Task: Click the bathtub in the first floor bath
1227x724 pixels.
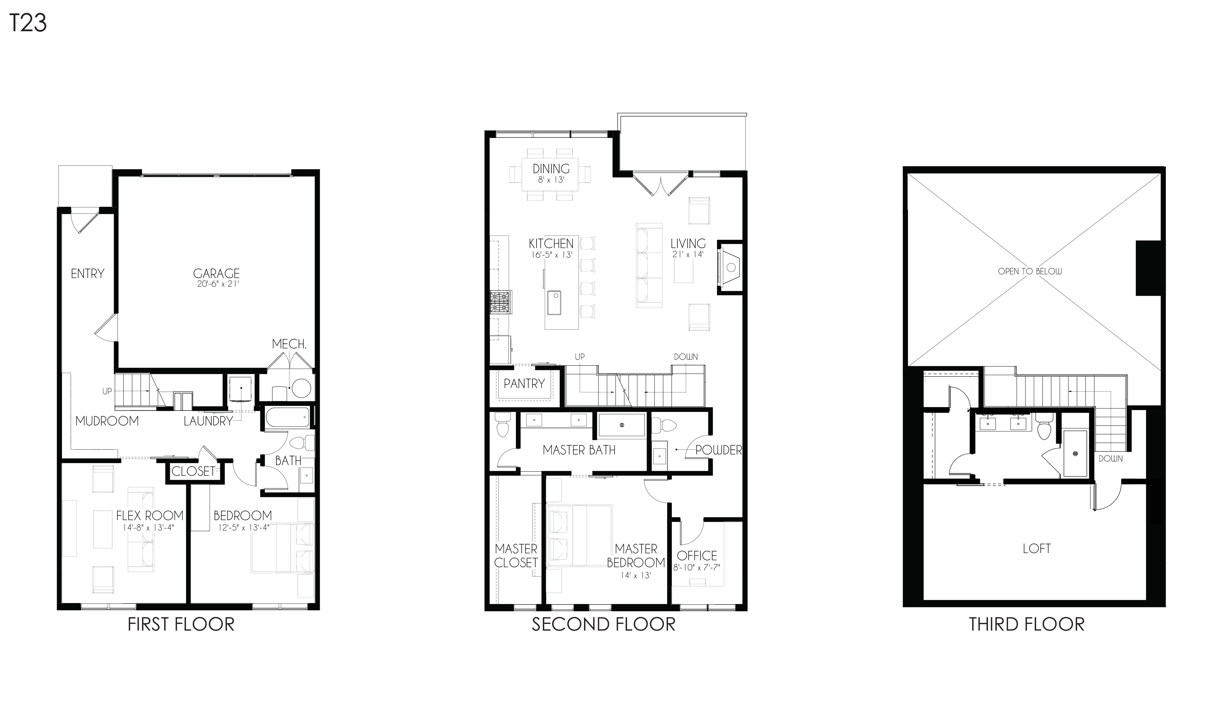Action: pyautogui.click(x=287, y=418)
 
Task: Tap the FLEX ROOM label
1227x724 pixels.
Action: pyautogui.click(x=150, y=515)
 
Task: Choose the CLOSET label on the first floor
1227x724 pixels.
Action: pyautogui.click(x=193, y=471)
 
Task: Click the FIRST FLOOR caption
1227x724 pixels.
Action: pyautogui.click(x=181, y=624)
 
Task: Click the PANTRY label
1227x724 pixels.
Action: pyautogui.click(x=524, y=384)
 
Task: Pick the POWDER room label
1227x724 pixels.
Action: pyautogui.click(x=718, y=450)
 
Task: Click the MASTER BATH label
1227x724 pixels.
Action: pyautogui.click(x=579, y=450)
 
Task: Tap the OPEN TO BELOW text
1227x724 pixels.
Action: pyautogui.click(x=1030, y=271)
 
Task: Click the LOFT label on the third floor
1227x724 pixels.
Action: pyautogui.click(x=1037, y=548)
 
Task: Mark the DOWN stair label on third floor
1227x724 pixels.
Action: pyautogui.click(x=1111, y=459)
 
